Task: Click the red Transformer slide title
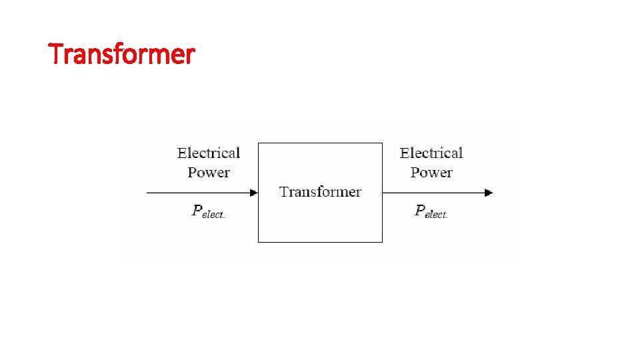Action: (x=122, y=53)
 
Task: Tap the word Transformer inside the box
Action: (x=320, y=192)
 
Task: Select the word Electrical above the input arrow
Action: (x=209, y=153)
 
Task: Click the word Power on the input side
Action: (x=209, y=172)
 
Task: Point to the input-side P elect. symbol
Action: (x=208, y=212)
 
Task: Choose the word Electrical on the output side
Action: (x=431, y=153)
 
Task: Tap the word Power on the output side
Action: (x=431, y=172)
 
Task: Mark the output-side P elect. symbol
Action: (x=431, y=212)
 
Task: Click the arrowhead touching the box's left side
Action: (x=254, y=193)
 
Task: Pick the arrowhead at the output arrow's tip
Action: (x=489, y=193)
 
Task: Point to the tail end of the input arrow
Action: (x=147, y=193)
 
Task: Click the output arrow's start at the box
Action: (x=384, y=193)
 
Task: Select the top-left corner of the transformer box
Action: (x=259, y=143)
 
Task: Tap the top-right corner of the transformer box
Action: (x=382, y=143)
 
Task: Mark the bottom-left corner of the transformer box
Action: (x=259, y=241)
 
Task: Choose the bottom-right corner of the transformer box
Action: (x=382, y=241)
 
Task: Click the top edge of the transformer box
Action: (x=320, y=143)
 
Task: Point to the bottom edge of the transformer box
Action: (x=320, y=241)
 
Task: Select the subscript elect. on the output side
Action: (x=437, y=215)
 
